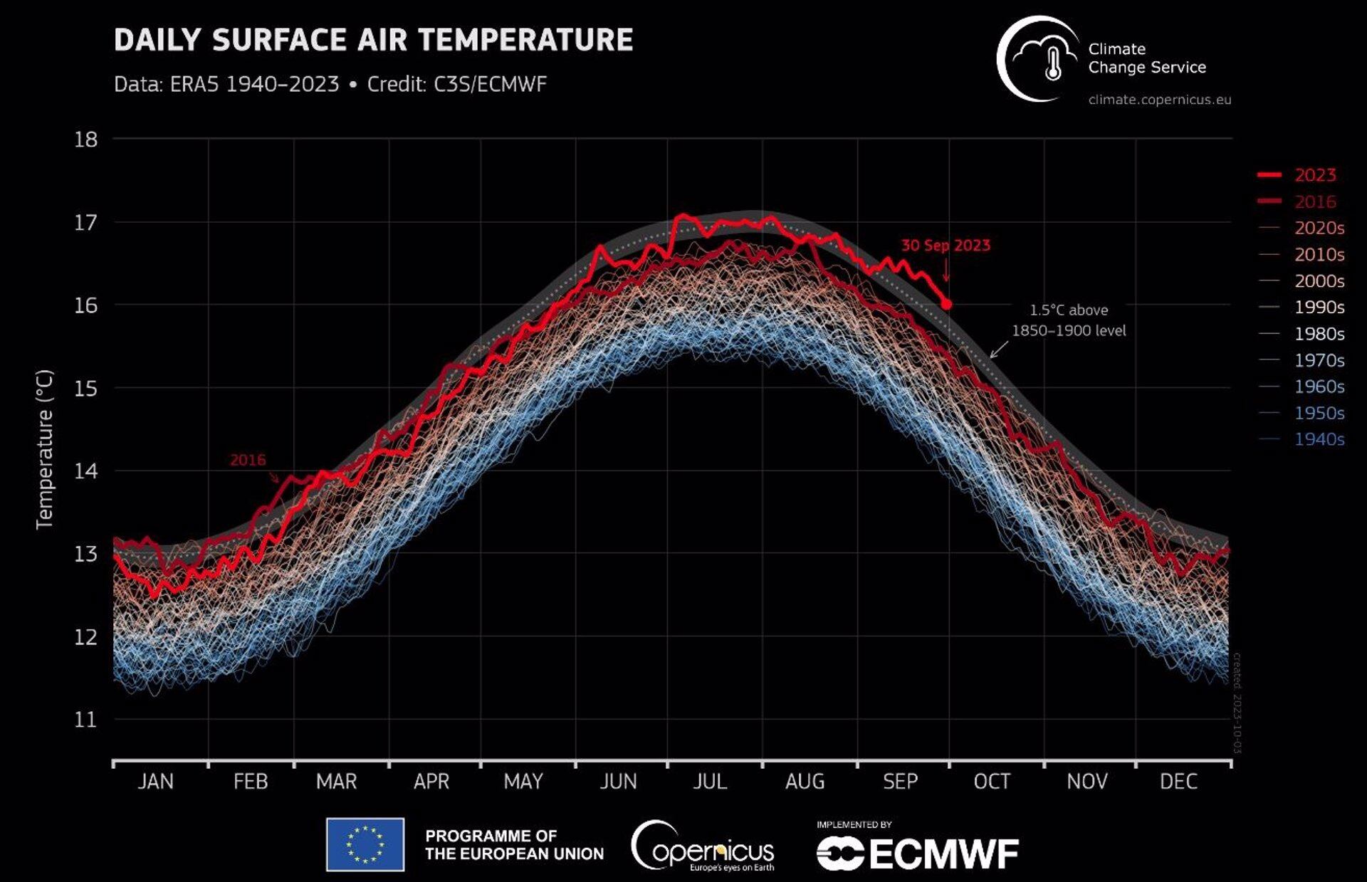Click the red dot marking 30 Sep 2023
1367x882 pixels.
tap(946, 304)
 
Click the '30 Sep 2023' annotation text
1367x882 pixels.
tap(946, 246)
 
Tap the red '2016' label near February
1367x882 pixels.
tap(248, 460)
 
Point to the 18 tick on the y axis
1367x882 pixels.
tap(85, 140)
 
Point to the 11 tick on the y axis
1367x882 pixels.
tap(85, 720)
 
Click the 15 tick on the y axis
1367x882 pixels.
tap(85, 389)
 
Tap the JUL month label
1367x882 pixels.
tap(710, 782)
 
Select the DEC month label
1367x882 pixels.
tap(1178, 782)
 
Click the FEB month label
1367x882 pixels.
tap(251, 782)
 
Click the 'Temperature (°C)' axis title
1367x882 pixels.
tap(44, 449)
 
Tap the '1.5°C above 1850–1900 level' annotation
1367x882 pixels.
tap(1069, 320)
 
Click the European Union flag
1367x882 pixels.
tap(365, 845)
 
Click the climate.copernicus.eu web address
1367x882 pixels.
tap(1159, 100)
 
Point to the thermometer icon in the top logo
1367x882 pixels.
tap(1052, 65)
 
